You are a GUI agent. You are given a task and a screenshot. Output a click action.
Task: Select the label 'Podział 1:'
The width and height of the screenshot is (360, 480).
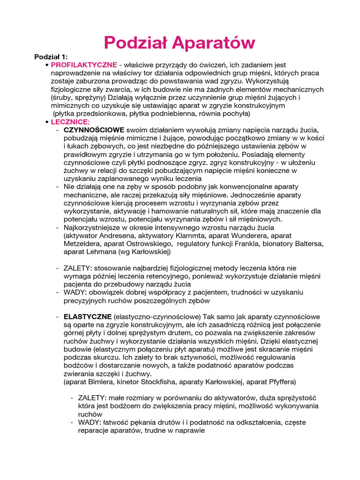pyautogui.click(x=51, y=57)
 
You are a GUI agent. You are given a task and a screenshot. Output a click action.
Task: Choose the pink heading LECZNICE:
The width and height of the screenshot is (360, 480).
pyautogui.click(x=70, y=121)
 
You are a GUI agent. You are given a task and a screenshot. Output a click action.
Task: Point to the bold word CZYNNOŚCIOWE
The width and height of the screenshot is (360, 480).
pyautogui.click(x=94, y=129)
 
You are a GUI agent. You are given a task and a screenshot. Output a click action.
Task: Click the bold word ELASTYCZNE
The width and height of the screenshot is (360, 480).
pyautogui.click(x=88, y=316)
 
